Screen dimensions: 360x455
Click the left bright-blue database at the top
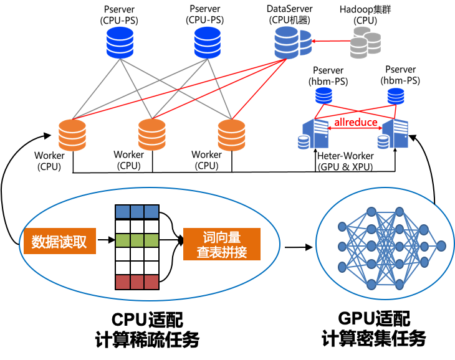click(x=120, y=42)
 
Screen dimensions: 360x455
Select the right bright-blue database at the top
click(x=207, y=42)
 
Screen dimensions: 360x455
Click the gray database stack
click(x=365, y=42)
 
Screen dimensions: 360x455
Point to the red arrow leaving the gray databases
click(x=330, y=42)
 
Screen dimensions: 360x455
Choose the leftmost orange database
click(x=72, y=135)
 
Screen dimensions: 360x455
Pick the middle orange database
click(x=152, y=135)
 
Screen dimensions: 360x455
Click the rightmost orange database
click(x=232, y=135)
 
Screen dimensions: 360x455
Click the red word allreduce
click(x=356, y=122)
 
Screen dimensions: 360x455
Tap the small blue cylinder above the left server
click(x=323, y=96)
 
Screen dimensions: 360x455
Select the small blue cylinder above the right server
click(x=396, y=96)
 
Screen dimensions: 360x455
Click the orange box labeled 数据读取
click(x=60, y=242)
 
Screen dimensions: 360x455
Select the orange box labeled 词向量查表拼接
click(x=222, y=244)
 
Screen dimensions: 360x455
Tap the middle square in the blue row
click(x=137, y=212)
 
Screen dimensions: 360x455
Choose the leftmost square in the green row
click(x=123, y=240)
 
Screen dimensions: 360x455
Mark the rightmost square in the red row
click(x=151, y=282)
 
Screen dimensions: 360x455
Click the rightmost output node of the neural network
click(x=441, y=246)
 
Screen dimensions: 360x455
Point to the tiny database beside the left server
click(x=304, y=143)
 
